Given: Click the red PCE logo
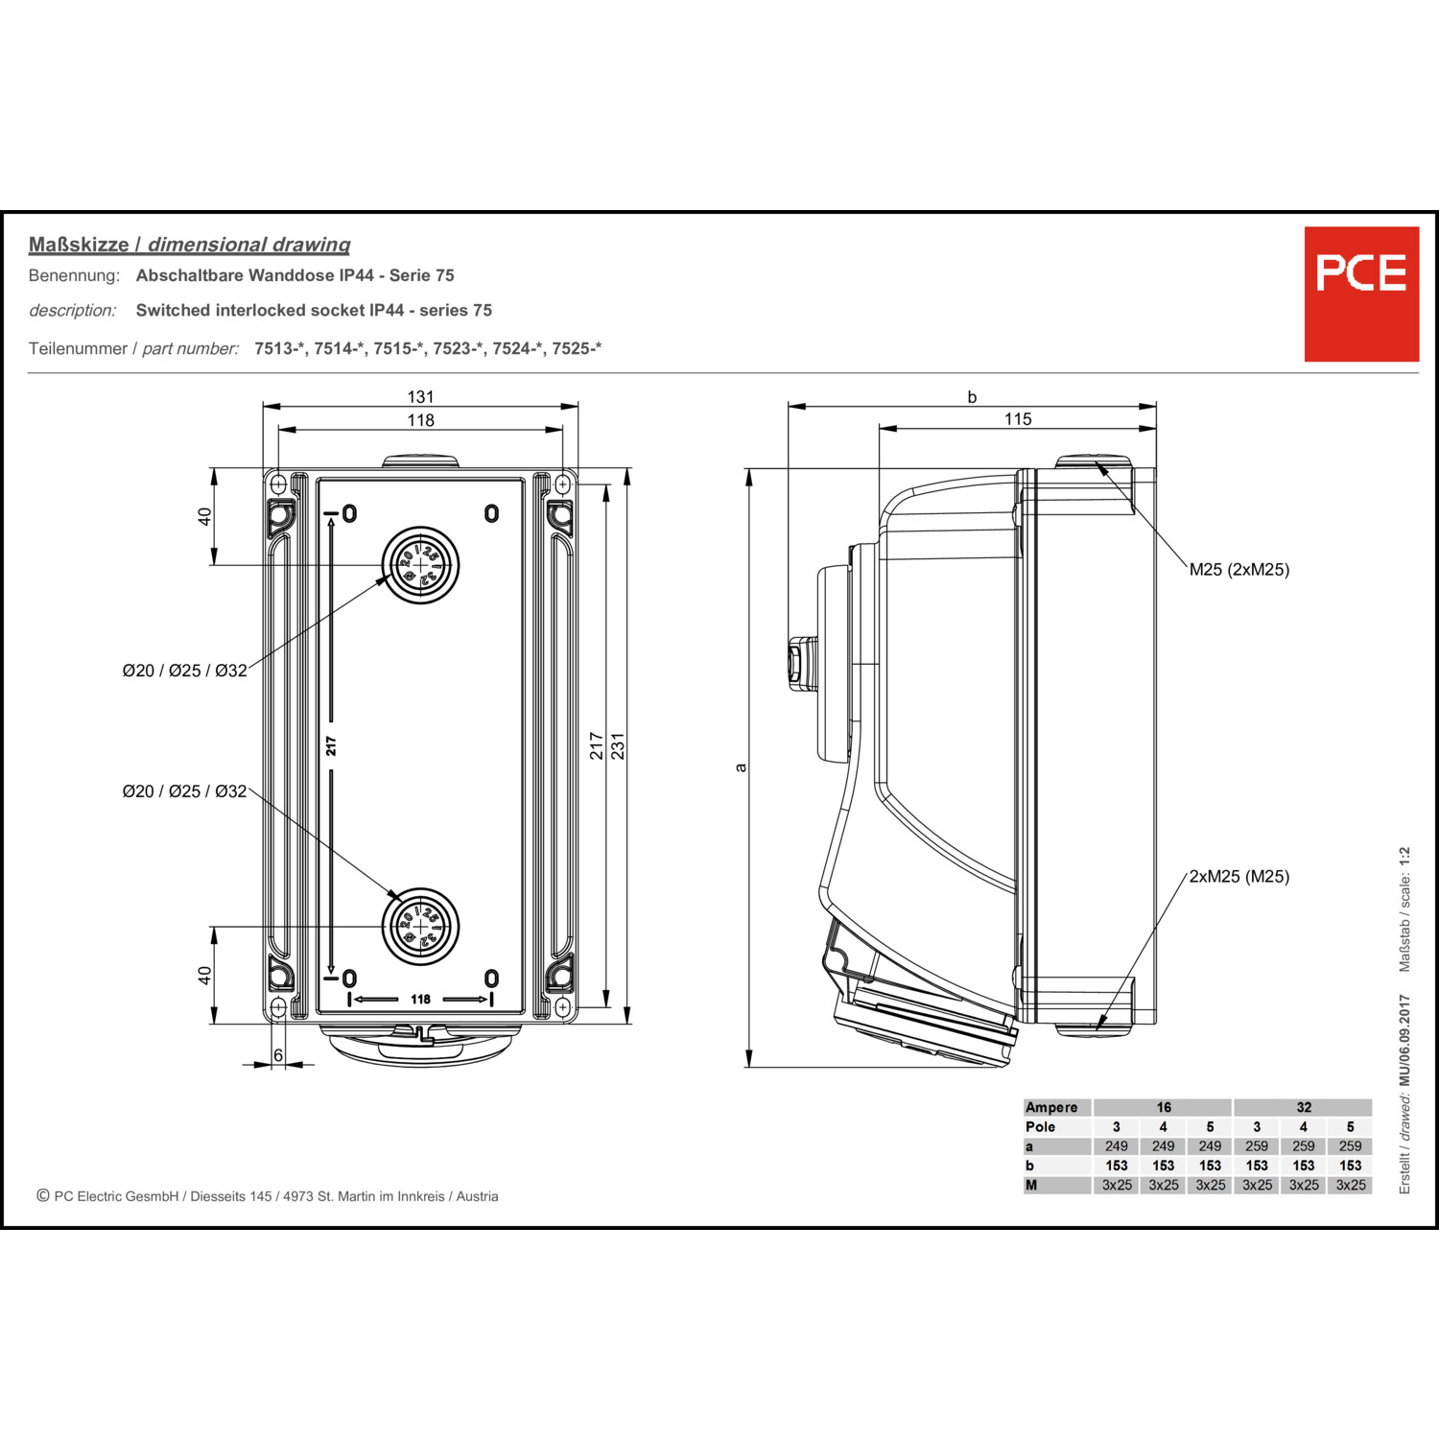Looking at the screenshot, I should (x=1360, y=294).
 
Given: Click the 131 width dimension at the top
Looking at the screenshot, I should (x=420, y=396).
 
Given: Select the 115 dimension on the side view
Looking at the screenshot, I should (x=1018, y=419).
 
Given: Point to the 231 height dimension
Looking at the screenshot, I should (x=618, y=745).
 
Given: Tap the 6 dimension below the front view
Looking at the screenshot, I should (x=278, y=1055).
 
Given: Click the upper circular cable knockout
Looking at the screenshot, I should (x=420, y=565).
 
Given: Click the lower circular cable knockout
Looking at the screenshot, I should (x=420, y=927).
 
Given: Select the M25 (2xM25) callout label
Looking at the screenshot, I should (x=1238, y=570).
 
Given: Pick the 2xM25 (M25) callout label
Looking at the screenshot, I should (x=1238, y=877).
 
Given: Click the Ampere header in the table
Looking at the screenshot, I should (x=1051, y=1107).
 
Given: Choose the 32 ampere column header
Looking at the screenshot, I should (x=1303, y=1107).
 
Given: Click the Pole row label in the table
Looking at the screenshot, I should (x=1040, y=1127).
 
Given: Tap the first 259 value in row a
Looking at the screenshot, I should (x=1257, y=1146).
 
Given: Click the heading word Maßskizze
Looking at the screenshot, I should (x=79, y=245).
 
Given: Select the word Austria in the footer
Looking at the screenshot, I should (x=477, y=1196).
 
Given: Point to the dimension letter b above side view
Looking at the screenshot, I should (x=972, y=397).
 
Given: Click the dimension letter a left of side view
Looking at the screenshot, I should (x=740, y=767).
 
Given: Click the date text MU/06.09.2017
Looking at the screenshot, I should (x=1404, y=1040).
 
